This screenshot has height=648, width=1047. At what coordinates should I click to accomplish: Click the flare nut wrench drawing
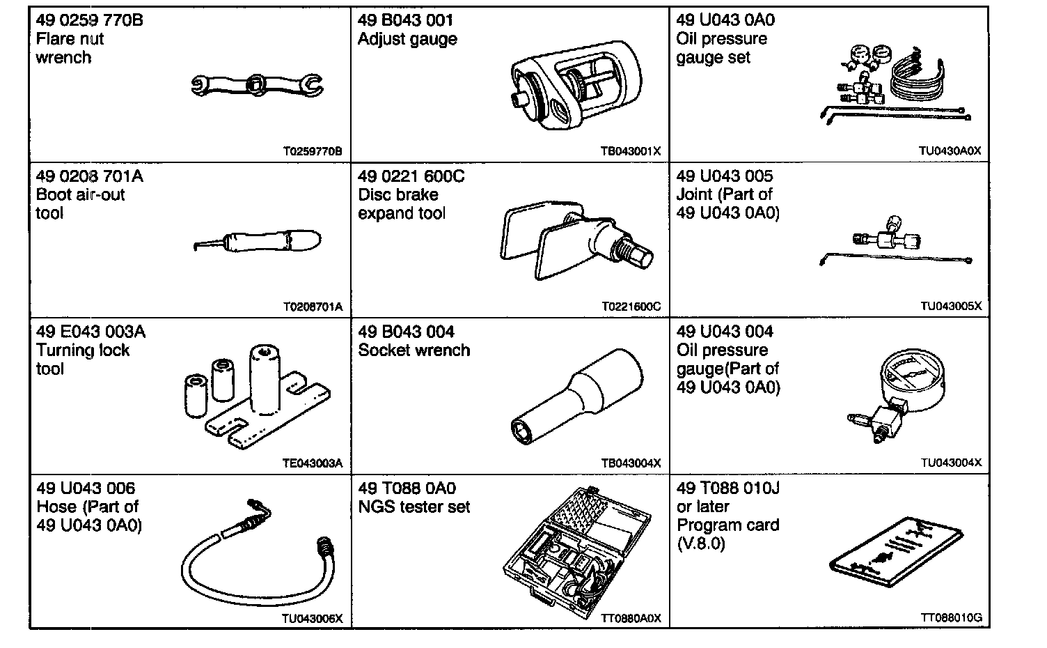pos(257,86)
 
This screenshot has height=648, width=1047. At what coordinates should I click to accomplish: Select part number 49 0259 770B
pos(89,20)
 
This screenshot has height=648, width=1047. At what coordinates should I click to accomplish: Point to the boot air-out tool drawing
pos(259,242)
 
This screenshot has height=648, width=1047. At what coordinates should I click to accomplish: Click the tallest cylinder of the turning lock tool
pos(265,379)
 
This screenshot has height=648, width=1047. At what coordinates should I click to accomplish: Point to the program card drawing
pos(898,555)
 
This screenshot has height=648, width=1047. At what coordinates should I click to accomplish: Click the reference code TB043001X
pos(631,151)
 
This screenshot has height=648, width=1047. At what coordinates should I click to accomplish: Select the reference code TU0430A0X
pos(950,151)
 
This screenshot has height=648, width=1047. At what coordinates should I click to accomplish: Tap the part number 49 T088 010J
pos(727,488)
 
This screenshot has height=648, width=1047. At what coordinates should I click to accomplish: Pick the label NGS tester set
pos(414,507)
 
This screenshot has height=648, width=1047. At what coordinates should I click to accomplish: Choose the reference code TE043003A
pos(313,463)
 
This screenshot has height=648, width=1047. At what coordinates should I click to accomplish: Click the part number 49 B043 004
pos(406,332)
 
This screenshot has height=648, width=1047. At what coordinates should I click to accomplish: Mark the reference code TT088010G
pos(951,618)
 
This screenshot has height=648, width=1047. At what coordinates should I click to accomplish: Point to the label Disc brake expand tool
pos(402,204)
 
